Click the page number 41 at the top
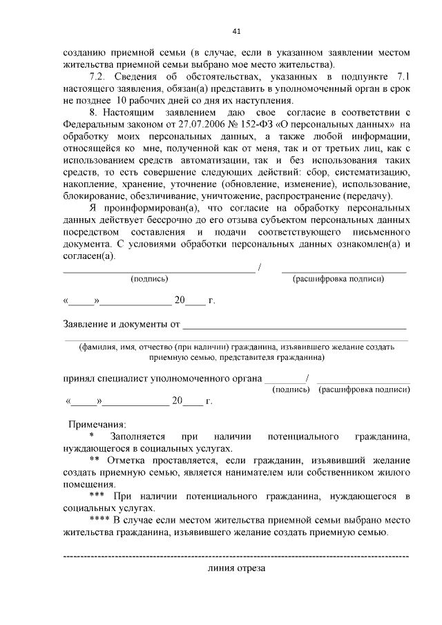click(x=236, y=31)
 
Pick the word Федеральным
click(x=94, y=124)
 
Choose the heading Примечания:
click(x=97, y=424)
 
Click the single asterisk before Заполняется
click(x=91, y=436)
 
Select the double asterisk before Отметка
click(x=94, y=460)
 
